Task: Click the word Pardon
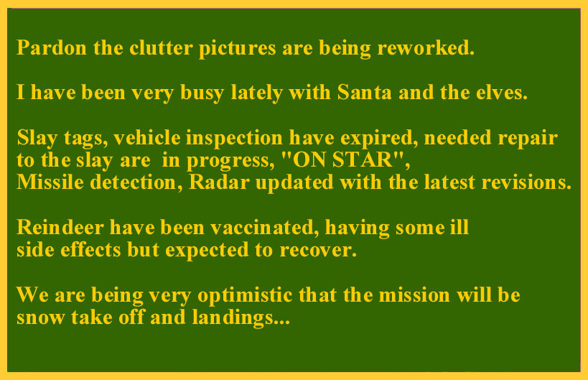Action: pos(52,47)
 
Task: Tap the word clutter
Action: pos(162,47)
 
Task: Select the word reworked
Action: pos(426,47)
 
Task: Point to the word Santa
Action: pos(365,92)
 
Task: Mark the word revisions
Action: pos(526,182)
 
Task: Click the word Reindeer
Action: pos(60,227)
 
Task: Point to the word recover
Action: pos(318,249)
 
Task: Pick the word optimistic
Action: pos(245,295)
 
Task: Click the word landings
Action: pos(241,318)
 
